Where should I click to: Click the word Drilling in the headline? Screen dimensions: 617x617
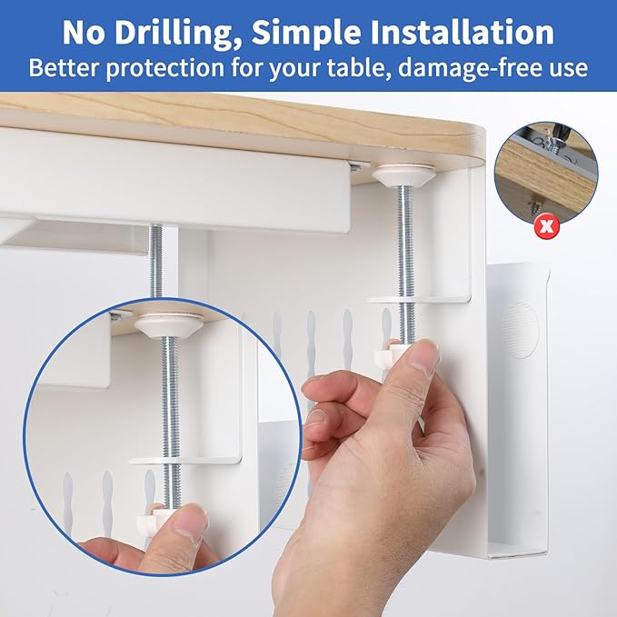point(170,33)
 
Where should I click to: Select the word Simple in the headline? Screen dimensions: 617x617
point(294,33)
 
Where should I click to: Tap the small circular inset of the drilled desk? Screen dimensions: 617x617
point(545,172)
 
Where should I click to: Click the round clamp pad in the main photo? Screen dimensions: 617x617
point(403,174)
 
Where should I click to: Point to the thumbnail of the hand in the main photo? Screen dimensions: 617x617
point(424,357)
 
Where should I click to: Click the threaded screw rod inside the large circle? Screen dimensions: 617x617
point(168,400)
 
